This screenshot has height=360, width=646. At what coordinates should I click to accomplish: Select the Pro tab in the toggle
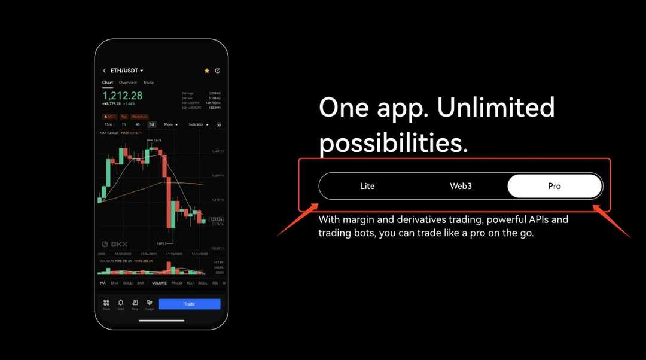pyautogui.click(x=554, y=186)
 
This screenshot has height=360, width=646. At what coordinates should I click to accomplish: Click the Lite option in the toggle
pyautogui.click(x=367, y=186)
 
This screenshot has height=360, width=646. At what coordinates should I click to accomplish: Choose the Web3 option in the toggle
pyautogui.click(x=461, y=186)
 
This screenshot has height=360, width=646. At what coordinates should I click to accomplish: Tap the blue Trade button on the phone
pyautogui.click(x=189, y=304)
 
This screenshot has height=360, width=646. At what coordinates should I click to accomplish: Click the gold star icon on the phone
pyautogui.click(x=207, y=71)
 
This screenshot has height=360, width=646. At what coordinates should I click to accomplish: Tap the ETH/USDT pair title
pyautogui.click(x=126, y=71)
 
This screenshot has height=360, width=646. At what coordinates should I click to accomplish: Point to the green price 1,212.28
pyautogui.click(x=123, y=96)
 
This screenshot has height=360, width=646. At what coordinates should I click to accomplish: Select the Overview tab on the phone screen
pyautogui.click(x=127, y=83)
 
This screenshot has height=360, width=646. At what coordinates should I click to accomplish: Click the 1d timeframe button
pyautogui.click(x=152, y=124)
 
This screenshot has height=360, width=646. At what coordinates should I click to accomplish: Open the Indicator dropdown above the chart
pyautogui.click(x=198, y=124)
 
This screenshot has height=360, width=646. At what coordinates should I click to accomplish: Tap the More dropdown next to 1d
pyautogui.click(x=170, y=124)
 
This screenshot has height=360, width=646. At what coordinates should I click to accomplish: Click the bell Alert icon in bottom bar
pyautogui.click(x=121, y=303)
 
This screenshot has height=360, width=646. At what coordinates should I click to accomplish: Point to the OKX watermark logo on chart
pyautogui.click(x=114, y=244)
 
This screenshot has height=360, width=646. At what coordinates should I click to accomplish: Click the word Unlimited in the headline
pyautogui.click(x=495, y=108)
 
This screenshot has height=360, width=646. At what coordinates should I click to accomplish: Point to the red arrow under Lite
pyautogui.click(x=297, y=221)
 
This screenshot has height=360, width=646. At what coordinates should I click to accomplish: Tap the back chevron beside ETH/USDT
pyautogui.click(x=105, y=71)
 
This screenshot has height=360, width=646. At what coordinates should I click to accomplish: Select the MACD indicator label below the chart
pyautogui.click(x=176, y=283)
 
